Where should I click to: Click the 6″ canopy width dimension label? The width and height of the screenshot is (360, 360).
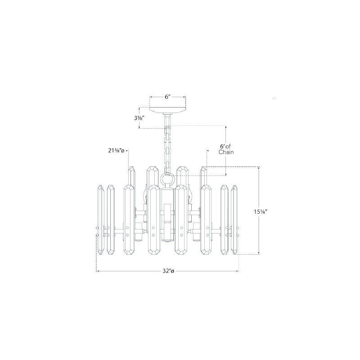point(168,97)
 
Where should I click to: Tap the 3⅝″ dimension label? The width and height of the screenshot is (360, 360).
point(139,118)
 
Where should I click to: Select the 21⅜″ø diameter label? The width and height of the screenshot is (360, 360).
point(116,151)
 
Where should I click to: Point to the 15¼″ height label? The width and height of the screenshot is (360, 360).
point(261,212)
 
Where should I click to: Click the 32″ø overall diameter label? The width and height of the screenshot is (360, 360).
point(168,271)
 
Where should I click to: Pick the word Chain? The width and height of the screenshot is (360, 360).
point(226,152)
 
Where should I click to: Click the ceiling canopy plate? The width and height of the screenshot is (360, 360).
point(167,110)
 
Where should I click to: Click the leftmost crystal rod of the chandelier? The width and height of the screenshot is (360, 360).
point(101,220)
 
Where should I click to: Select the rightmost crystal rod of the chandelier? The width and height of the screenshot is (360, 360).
point(234,220)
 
